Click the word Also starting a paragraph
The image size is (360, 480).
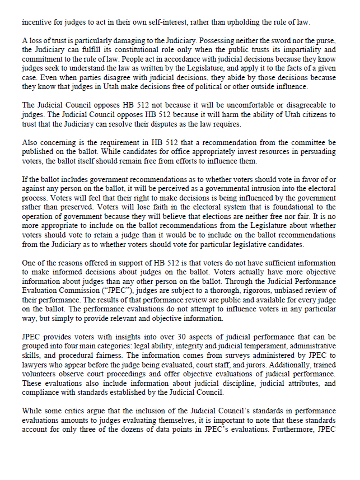pos(30,142)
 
